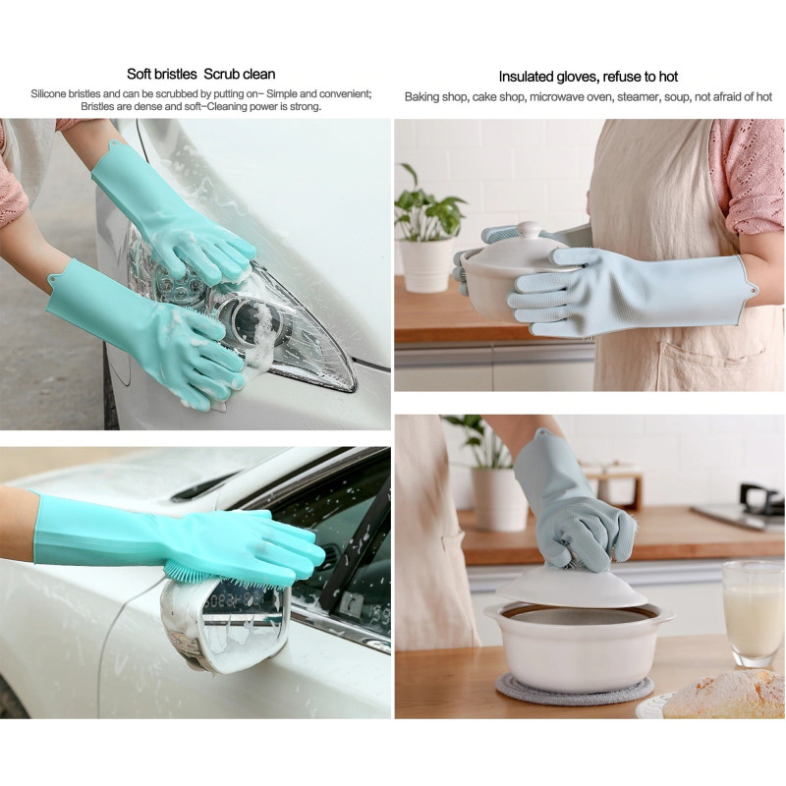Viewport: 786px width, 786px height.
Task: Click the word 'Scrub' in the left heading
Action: click(x=221, y=75)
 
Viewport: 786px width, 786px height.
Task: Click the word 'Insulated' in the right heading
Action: click(x=526, y=77)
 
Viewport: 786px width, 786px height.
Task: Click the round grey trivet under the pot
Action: click(x=575, y=689)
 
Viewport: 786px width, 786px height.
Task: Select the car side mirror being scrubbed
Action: click(x=226, y=624)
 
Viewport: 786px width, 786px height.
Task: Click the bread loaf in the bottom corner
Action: click(x=726, y=695)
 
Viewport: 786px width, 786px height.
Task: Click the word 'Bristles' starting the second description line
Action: click(x=97, y=106)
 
